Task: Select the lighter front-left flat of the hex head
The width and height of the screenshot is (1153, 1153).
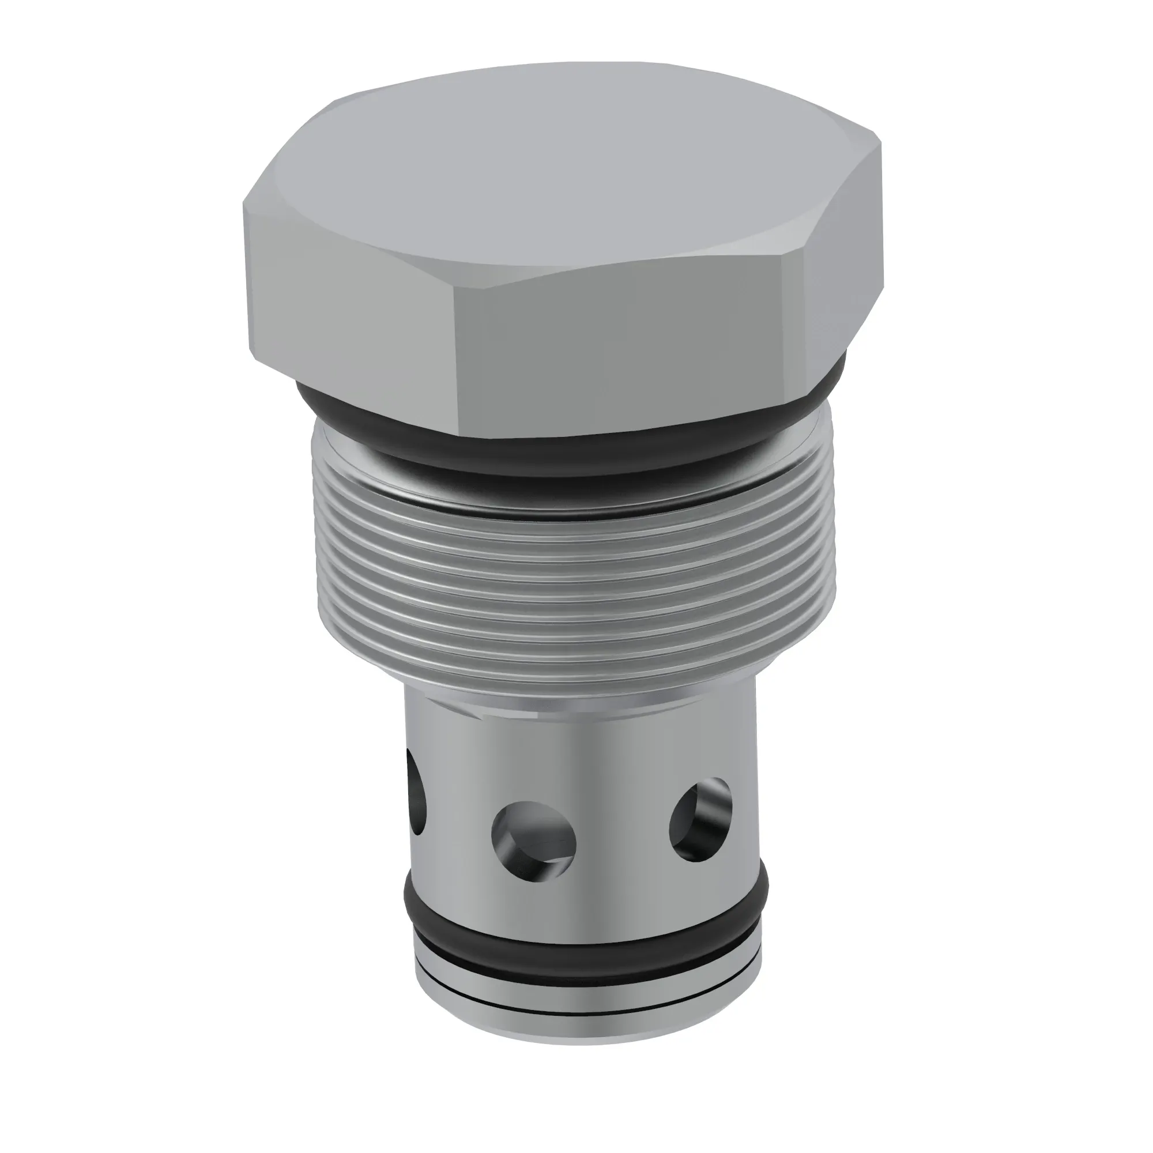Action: [352, 299]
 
